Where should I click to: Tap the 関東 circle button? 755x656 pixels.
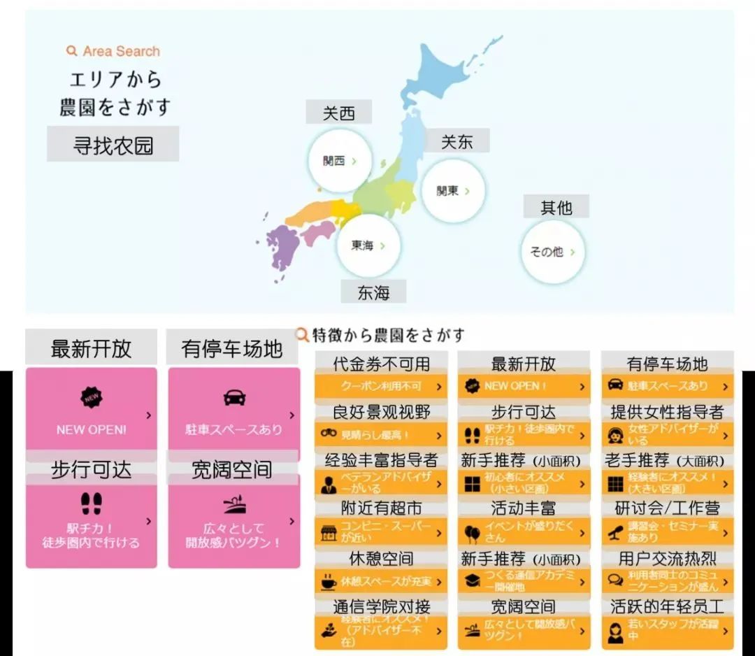pos(453,190)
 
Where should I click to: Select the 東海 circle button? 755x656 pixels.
pos(368,245)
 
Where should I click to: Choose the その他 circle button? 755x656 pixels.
pos(552,252)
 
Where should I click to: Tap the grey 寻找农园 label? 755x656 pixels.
pos(113,145)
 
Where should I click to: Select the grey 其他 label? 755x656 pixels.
pos(556,207)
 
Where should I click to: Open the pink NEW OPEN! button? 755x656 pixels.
pos(92,409)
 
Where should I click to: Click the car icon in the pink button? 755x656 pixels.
pos(234,398)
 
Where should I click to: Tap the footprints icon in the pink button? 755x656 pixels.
pos(92,503)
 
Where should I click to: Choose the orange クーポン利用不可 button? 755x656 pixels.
pos(380,386)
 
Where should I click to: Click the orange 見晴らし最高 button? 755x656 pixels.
pos(380,434)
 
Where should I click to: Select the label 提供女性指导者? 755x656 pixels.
pos(667,412)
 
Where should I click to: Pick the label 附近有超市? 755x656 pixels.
pos(381,508)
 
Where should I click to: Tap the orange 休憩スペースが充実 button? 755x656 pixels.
pos(380,581)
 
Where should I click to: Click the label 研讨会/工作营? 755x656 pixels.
pos(667,508)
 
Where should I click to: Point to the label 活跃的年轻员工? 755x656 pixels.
pos(667,606)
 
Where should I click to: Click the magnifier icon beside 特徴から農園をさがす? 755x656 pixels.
pos(302,335)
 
